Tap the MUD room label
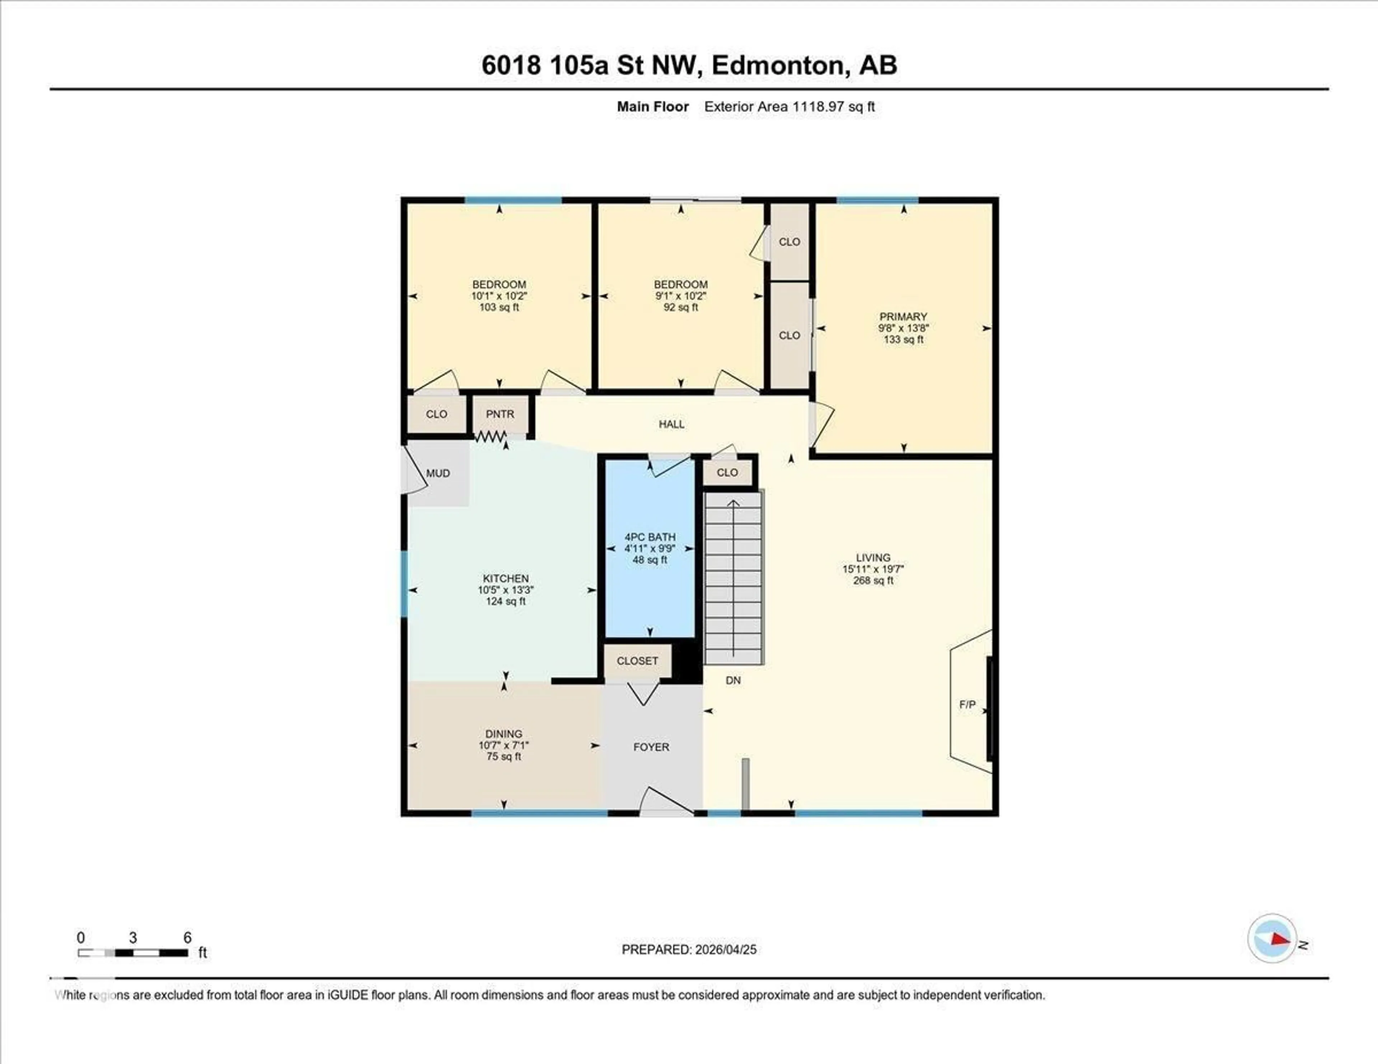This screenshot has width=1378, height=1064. point(438,473)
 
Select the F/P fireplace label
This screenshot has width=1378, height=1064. point(967,705)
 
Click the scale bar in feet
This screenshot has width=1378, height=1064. point(132,952)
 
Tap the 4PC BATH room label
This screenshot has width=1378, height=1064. point(650,537)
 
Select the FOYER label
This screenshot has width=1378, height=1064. point(651,747)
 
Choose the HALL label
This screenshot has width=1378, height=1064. point(671,424)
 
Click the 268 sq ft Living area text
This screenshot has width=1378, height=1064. point(873,580)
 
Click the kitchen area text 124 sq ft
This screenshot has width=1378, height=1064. point(505,601)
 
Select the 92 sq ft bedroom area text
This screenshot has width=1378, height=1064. point(681,307)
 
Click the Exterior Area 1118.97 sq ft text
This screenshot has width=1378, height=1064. point(789,107)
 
